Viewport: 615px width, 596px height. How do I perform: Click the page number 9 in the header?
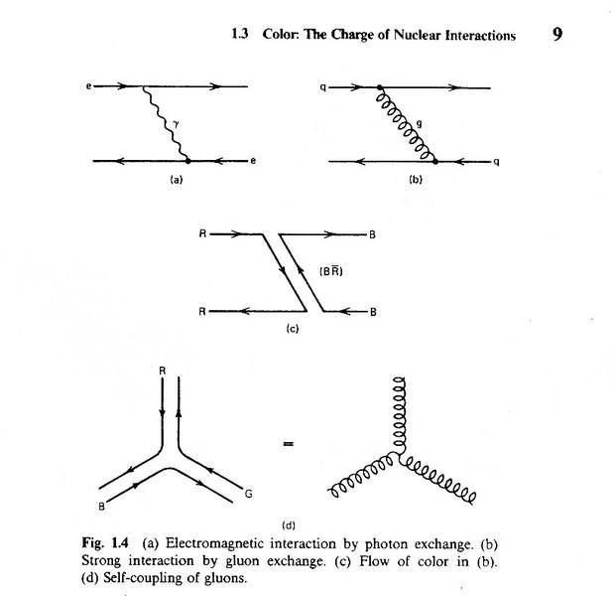(x=557, y=35)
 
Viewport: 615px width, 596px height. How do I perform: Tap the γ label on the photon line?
(x=175, y=122)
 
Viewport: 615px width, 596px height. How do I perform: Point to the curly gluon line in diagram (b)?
(x=407, y=124)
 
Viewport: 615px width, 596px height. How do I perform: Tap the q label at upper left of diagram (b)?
(x=322, y=86)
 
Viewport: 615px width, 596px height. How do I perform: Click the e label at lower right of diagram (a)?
(x=253, y=161)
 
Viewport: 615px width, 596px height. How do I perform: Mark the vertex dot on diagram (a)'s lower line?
(x=187, y=160)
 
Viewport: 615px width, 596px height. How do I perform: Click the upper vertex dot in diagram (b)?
(x=378, y=87)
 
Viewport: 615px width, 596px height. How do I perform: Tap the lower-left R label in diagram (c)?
(x=201, y=311)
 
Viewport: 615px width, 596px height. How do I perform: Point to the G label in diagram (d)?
(x=246, y=489)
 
